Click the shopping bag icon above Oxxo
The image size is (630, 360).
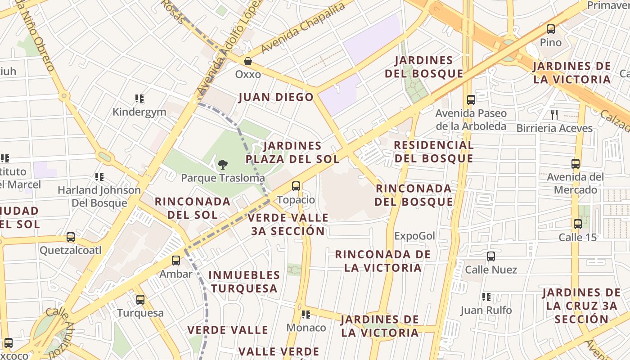pos(247,61)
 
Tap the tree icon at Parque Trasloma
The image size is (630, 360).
pos(222,165)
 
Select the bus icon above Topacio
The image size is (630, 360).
pos(296,186)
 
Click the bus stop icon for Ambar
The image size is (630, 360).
pos(176,261)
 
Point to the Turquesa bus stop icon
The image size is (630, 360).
pos(140,299)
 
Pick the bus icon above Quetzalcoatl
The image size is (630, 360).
pos(70,237)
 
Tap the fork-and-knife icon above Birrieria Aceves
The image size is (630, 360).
pos(554,115)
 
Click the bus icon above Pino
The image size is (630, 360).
pos(550,30)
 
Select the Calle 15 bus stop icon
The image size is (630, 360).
pos(577,224)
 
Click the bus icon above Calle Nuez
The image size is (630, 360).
pos(490,256)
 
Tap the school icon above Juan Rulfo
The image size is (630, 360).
pos(486,297)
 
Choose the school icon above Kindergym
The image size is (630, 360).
pos(139,99)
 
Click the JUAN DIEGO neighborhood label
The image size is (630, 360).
pos(276,97)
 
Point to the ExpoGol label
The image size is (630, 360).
pos(414,236)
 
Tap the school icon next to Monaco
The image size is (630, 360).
pos(306,315)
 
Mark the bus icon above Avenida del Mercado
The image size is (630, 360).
pos(575,164)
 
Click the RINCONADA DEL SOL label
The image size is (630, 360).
pos(193,208)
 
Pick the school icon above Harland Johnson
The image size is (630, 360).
pos(99,177)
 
